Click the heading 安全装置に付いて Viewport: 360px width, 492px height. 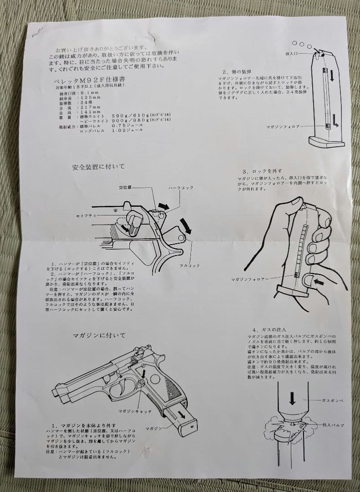click(x=98, y=167)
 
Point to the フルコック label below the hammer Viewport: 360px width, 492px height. click(x=190, y=266)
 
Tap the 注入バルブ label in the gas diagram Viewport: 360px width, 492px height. click(x=332, y=425)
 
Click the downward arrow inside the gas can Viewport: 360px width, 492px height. click(x=293, y=399)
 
